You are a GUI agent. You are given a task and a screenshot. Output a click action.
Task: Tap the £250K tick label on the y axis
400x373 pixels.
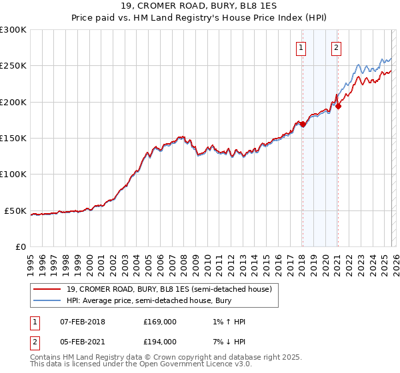pyautogui.click(x=13, y=66)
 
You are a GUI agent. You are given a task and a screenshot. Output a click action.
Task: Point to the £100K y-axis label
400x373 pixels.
pyautogui.click(x=13, y=175)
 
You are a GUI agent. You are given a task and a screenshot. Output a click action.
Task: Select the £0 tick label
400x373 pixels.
pyautogui.click(x=21, y=246)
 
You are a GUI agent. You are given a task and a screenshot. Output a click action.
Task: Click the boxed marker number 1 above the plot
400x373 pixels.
pyautogui.click(x=302, y=47)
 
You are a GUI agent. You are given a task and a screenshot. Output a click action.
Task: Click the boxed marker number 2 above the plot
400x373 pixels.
pyautogui.click(x=337, y=47)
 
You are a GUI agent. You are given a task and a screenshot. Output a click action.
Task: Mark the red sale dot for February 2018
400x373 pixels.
pyautogui.click(x=303, y=124)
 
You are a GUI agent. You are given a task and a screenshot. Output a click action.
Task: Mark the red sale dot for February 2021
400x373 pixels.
pyautogui.click(x=338, y=106)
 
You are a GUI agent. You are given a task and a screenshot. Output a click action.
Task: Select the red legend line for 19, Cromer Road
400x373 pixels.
pyautogui.click(x=47, y=290)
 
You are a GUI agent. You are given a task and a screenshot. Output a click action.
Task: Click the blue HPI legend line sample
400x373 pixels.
pyautogui.click(x=47, y=301)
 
